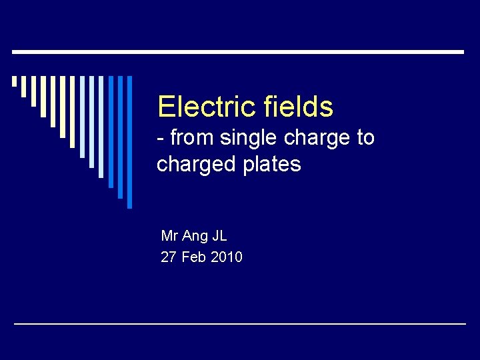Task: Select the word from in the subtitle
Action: (193, 138)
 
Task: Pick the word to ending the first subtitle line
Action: (366, 138)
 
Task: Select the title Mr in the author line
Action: (169, 236)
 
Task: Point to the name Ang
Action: (195, 237)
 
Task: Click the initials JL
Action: (219, 236)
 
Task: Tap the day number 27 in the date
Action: (169, 257)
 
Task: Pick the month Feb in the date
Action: (193, 257)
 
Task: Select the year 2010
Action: (227, 257)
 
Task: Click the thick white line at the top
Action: (238, 51)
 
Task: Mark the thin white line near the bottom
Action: (240, 323)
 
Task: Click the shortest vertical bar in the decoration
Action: (14, 81)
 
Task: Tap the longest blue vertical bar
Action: (130, 141)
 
